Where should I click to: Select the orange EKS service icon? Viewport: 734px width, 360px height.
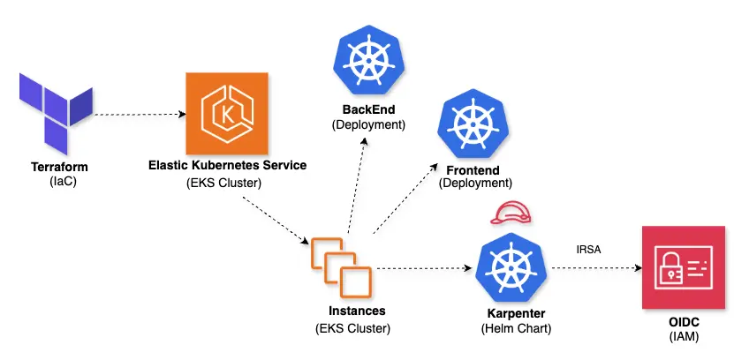[x=225, y=112]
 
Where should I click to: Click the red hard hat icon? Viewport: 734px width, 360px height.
[x=512, y=214]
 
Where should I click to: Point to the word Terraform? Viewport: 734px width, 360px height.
[x=58, y=166]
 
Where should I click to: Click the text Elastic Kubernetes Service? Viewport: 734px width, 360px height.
[x=227, y=166]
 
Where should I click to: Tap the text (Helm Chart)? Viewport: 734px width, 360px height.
[x=517, y=329]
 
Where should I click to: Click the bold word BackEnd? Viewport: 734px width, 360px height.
[x=368, y=110]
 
